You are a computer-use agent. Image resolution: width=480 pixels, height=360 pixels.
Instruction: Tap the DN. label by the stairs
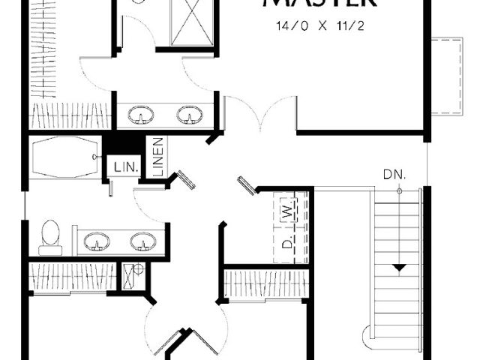click(394, 174)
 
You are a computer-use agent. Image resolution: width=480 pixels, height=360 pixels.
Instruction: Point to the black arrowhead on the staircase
click(400, 267)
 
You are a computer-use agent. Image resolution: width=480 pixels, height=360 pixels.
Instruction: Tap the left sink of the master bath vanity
click(141, 115)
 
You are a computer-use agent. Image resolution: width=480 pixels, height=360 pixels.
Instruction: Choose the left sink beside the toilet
click(96, 241)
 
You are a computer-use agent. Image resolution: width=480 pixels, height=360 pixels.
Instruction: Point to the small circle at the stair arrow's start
click(400, 191)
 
